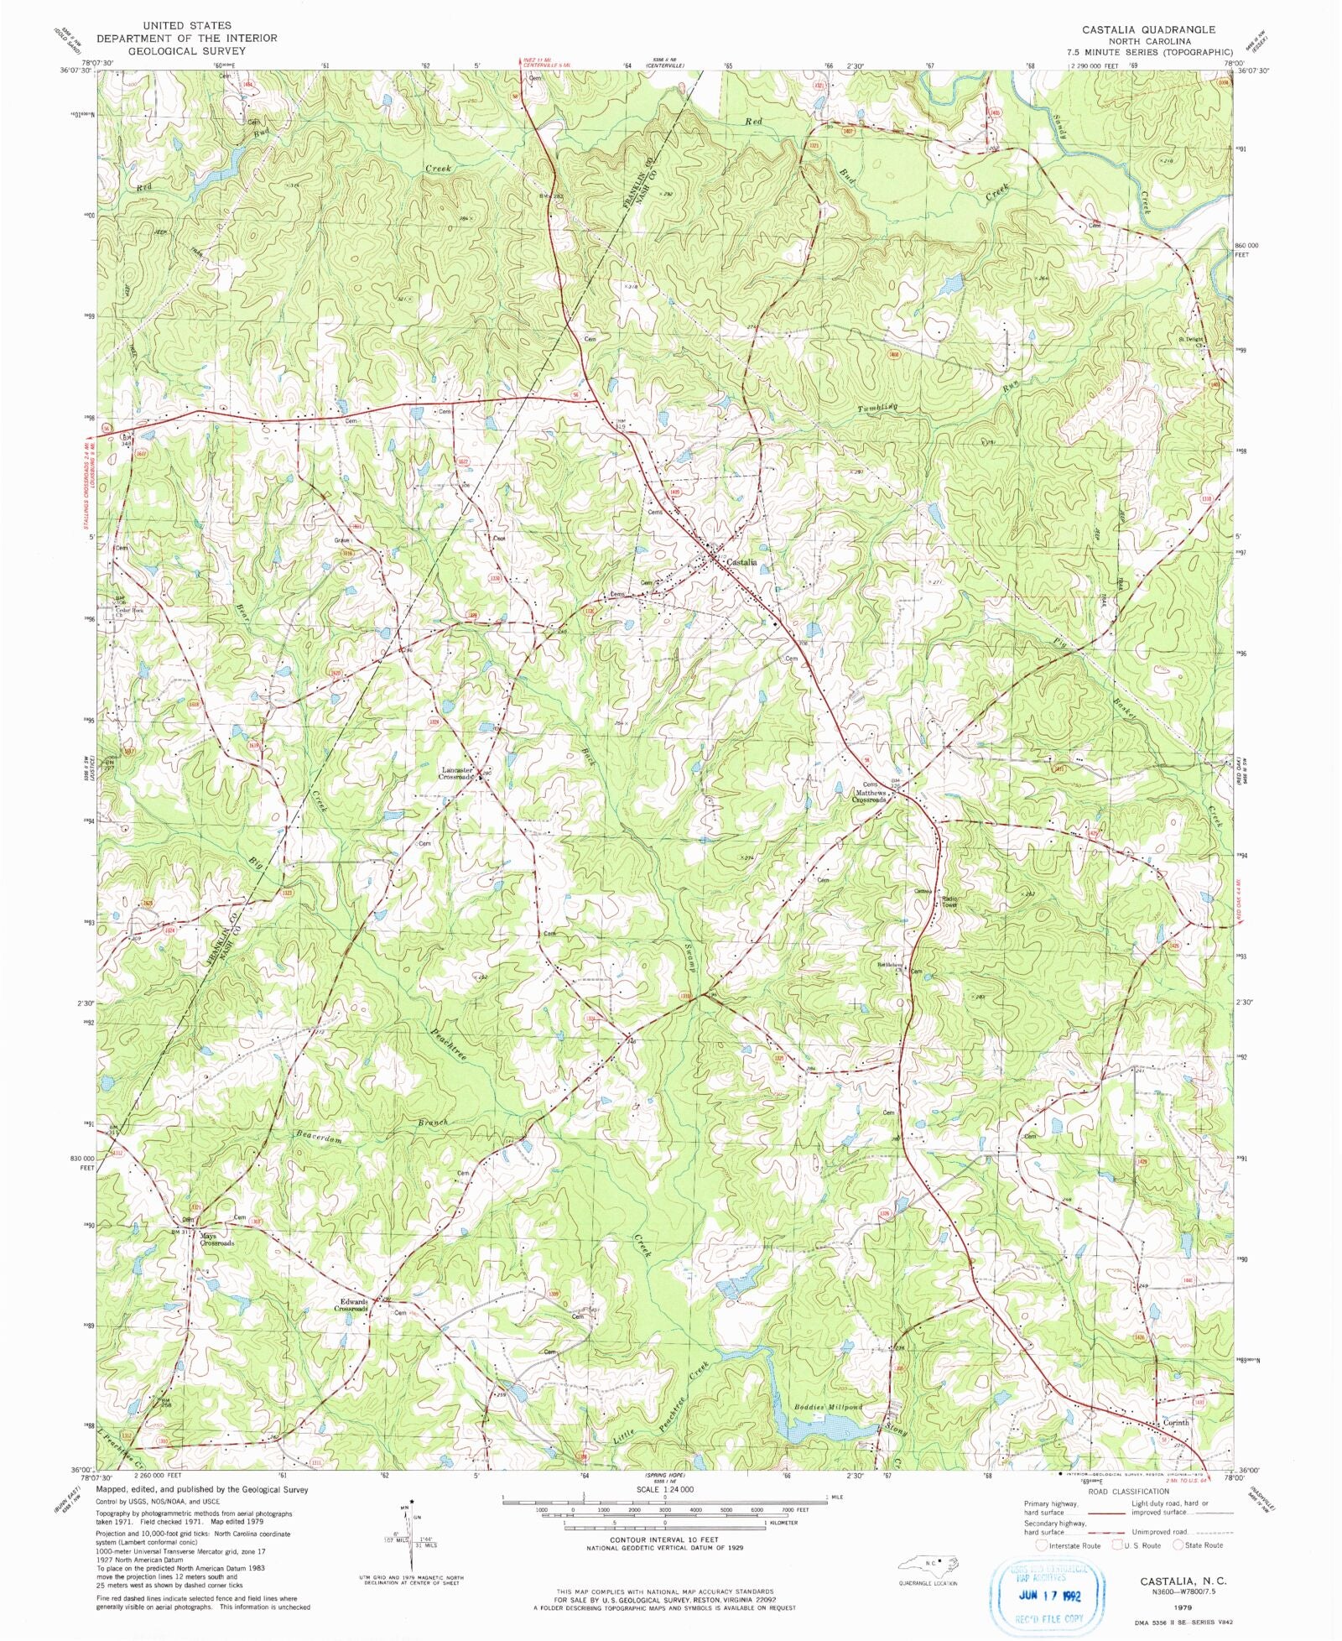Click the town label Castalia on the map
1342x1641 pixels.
[741, 562]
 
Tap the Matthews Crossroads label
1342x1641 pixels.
[870, 796]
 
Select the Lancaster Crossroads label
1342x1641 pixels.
[458, 774]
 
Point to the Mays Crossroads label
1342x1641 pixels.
[216, 1239]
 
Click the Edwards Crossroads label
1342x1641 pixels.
[351, 1305]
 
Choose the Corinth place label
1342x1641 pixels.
[1176, 1423]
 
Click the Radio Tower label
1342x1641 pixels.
[949, 902]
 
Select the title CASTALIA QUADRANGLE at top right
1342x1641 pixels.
[1148, 29]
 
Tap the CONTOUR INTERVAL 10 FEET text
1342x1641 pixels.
[663, 1540]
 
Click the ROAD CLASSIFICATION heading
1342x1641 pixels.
[1128, 1491]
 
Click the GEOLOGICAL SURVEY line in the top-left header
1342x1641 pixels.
[186, 50]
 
